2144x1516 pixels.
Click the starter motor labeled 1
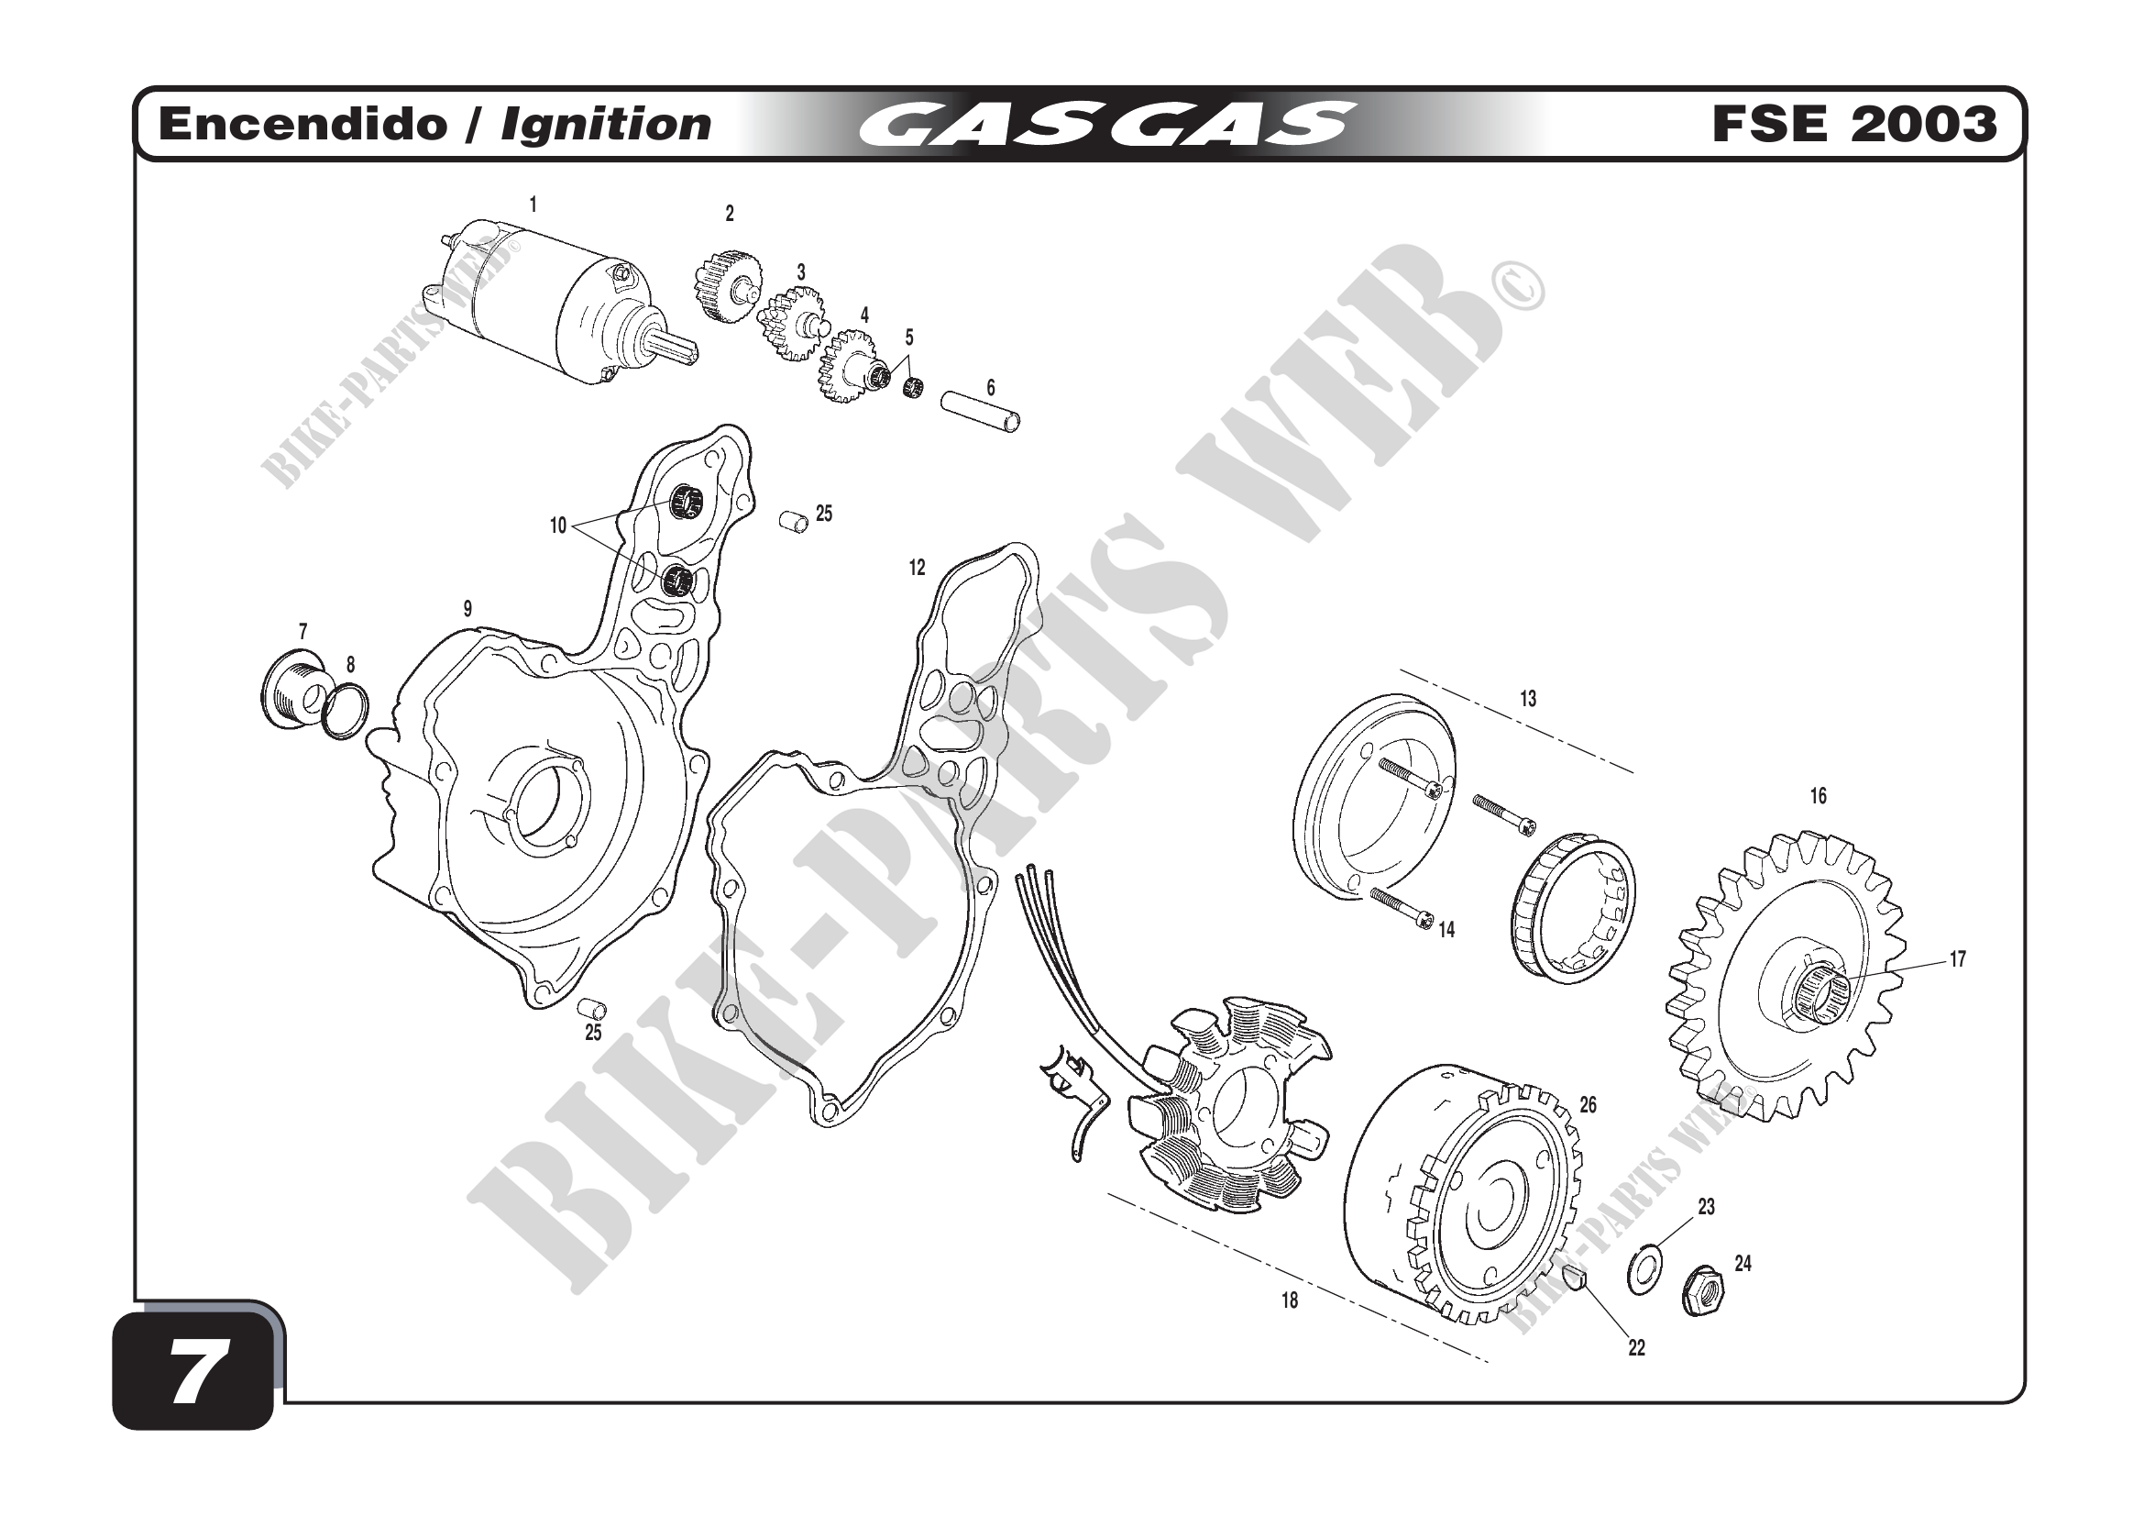(x=560, y=304)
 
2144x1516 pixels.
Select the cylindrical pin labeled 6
(x=980, y=412)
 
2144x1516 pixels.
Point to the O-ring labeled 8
(x=345, y=711)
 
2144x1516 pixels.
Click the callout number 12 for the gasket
(x=917, y=567)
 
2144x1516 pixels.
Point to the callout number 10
(x=557, y=526)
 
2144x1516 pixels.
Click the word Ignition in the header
(x=606, y=124)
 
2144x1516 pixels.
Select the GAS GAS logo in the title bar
(x=1106, y=124)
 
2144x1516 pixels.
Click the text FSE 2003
(x=1853, y=124)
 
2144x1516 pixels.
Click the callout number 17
(x=1957, y=959)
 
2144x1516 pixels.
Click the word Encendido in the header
(x=303, y=124)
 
